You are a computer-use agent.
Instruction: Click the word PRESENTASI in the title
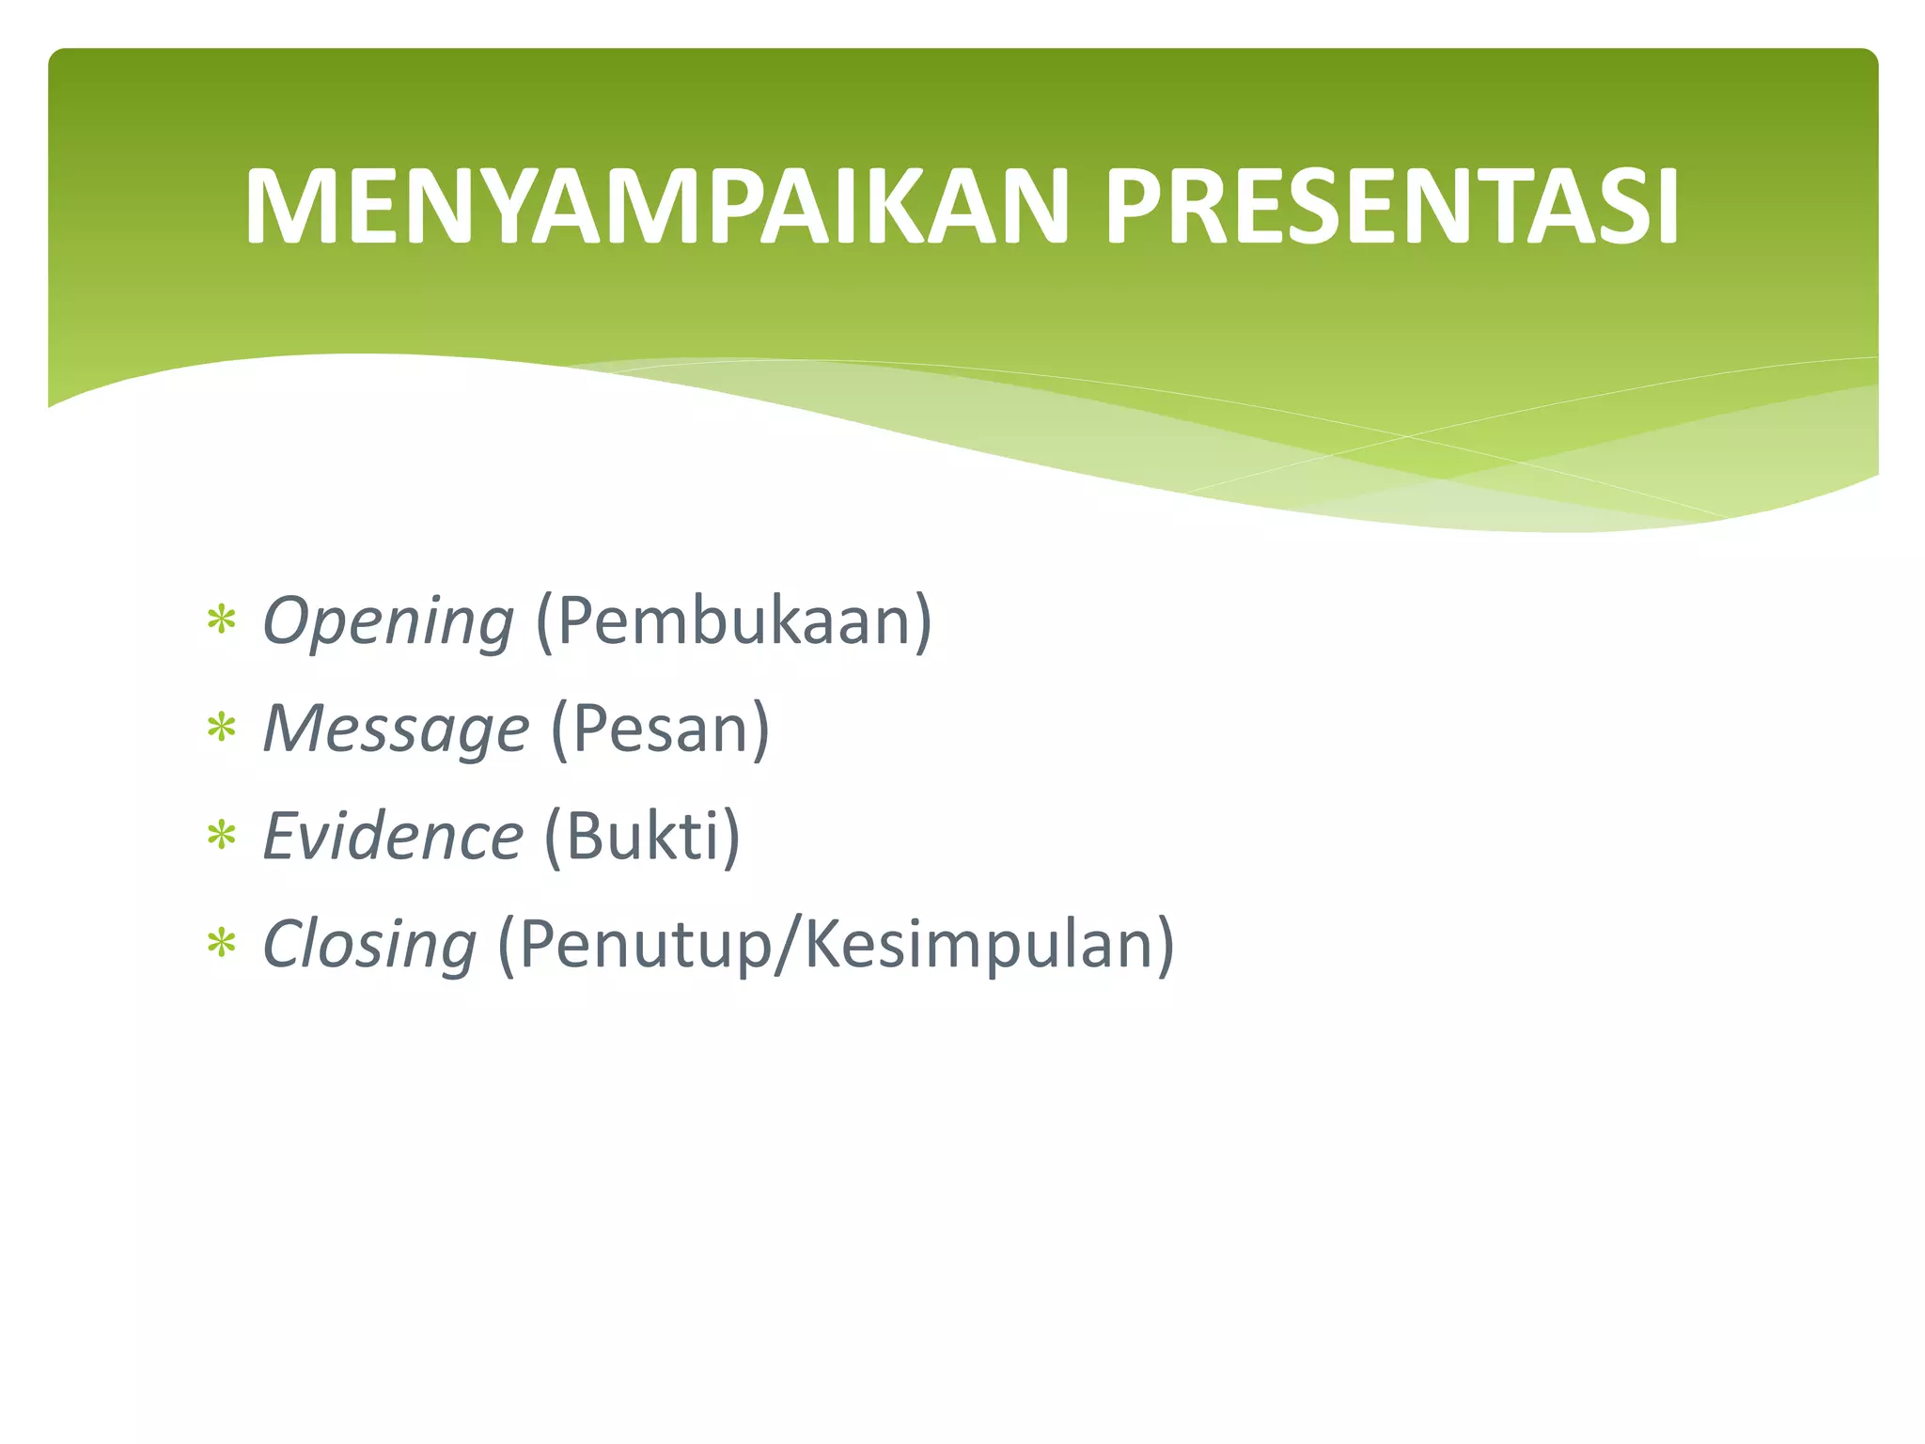point(1391,207)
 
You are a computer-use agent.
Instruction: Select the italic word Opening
point(387,622)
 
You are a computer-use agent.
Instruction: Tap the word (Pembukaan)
point(733,622)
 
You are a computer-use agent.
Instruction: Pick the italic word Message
point(396,730)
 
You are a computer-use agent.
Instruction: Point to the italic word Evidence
point(392,837)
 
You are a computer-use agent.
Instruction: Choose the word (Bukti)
point(642,837)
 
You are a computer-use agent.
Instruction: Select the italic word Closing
point(369,945)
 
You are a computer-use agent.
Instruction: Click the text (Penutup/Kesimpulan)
point(836,945)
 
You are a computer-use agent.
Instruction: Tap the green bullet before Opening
point(222,621)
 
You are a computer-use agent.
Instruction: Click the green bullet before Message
point(222,729)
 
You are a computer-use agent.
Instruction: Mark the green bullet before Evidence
point(222,836)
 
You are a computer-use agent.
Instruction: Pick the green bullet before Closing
point(222,944)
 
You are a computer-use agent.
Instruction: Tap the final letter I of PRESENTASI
point(1667,207)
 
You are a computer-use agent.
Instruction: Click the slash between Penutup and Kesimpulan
point(788,945)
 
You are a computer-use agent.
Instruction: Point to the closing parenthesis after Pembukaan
point(922,622)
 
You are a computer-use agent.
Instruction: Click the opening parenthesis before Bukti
point(554,837)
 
